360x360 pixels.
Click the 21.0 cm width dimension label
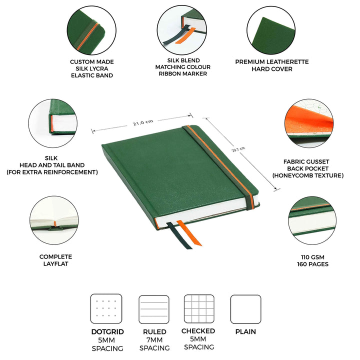(143, 122)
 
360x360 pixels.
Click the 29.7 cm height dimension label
(238, 149)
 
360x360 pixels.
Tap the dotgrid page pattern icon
(106, 308)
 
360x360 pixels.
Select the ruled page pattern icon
(154, 309)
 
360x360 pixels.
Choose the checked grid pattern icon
(199, 309)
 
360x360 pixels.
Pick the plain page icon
(245, 309)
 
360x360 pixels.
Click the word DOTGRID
(107, 332)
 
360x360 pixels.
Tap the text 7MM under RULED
(154, 340)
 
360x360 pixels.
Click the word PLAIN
(245, 331)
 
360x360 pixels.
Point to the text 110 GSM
(312, 257)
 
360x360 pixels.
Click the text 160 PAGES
(312, 264)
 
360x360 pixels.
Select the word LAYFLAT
(56, 264)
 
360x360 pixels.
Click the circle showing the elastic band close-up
(91, 30)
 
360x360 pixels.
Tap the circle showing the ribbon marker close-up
(182, 30)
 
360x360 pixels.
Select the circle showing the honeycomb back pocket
(309, 123)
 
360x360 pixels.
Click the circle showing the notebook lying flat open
(54, 220)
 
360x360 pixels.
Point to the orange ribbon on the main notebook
(189, 233)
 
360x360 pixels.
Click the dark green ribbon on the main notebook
(179, 236)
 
